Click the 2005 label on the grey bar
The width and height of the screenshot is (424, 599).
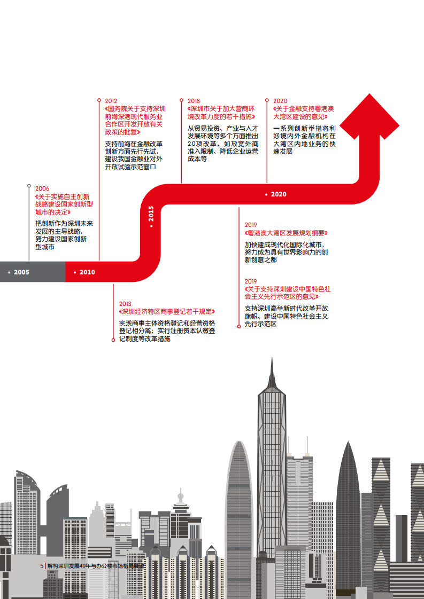21,272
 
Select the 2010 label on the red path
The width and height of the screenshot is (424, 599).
87,272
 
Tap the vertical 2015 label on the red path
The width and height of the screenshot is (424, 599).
151,214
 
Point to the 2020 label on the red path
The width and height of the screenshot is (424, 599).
278,194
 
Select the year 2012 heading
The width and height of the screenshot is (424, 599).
111,101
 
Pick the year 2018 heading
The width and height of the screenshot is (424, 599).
194,101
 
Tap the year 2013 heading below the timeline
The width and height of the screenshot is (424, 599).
125,304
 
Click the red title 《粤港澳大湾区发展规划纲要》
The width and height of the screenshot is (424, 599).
286,233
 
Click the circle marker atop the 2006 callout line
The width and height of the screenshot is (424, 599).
29,186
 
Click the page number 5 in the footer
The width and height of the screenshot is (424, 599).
42,565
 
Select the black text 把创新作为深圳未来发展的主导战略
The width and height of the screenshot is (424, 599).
64,227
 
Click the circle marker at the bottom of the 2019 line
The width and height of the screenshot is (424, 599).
239,326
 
